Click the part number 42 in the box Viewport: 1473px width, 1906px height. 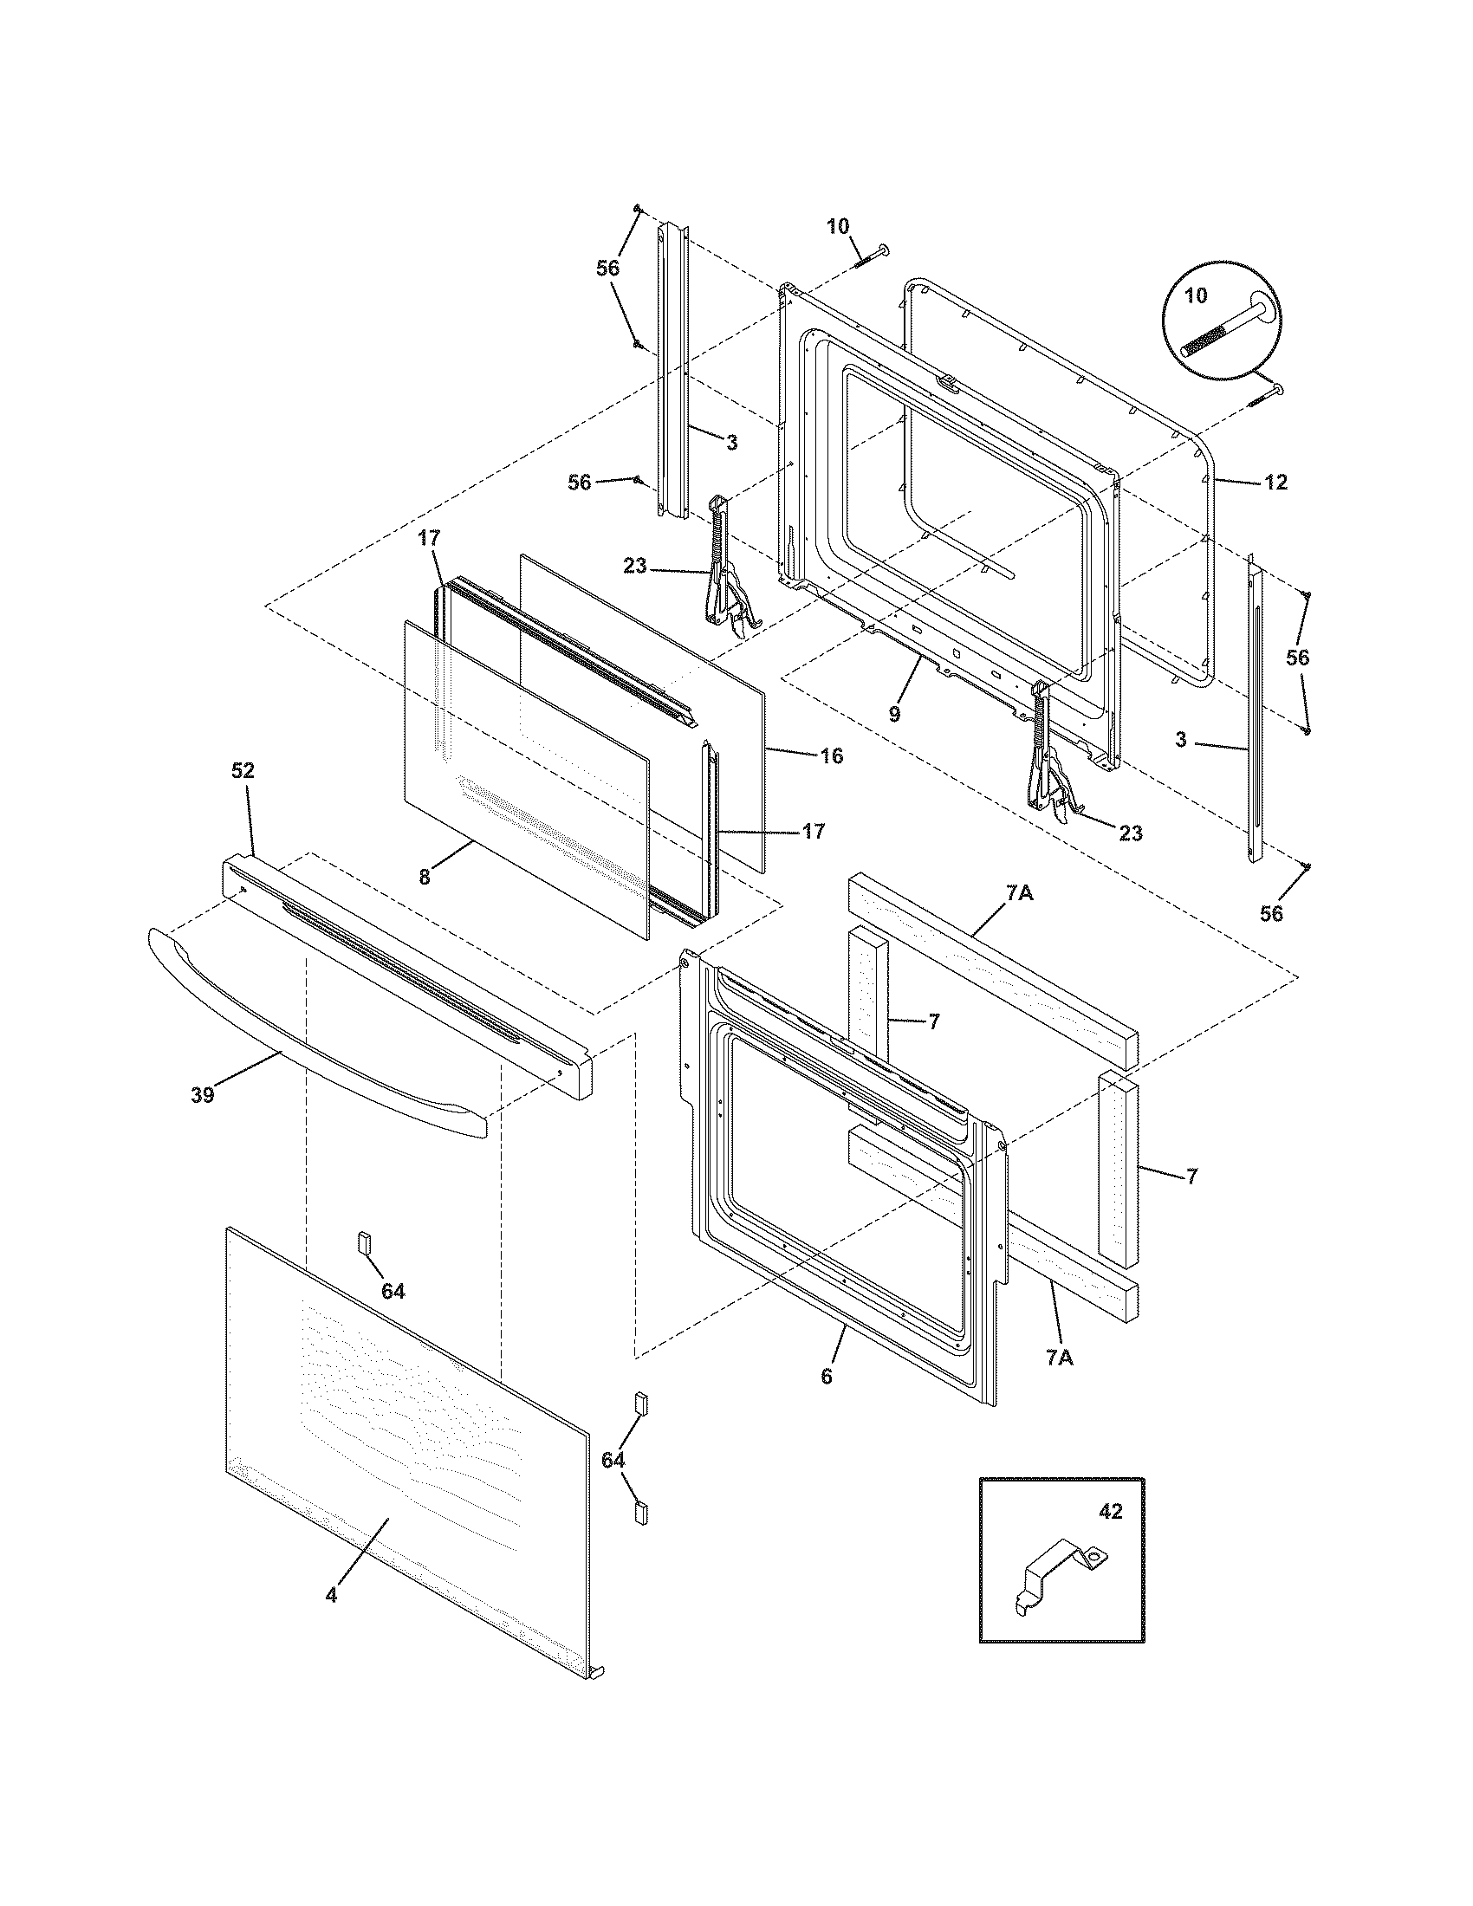[1110, 1511]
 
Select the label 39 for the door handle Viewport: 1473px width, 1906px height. [203, 1094]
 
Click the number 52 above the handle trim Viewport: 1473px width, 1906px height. [243, 770]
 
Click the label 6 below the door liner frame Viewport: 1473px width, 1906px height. [827, 1377]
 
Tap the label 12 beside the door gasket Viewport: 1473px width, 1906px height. [1275, 482]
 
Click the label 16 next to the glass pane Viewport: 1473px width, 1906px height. [832, 755]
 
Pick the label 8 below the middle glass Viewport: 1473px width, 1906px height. [425, 877]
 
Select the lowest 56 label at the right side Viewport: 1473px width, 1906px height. [1272, 913]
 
